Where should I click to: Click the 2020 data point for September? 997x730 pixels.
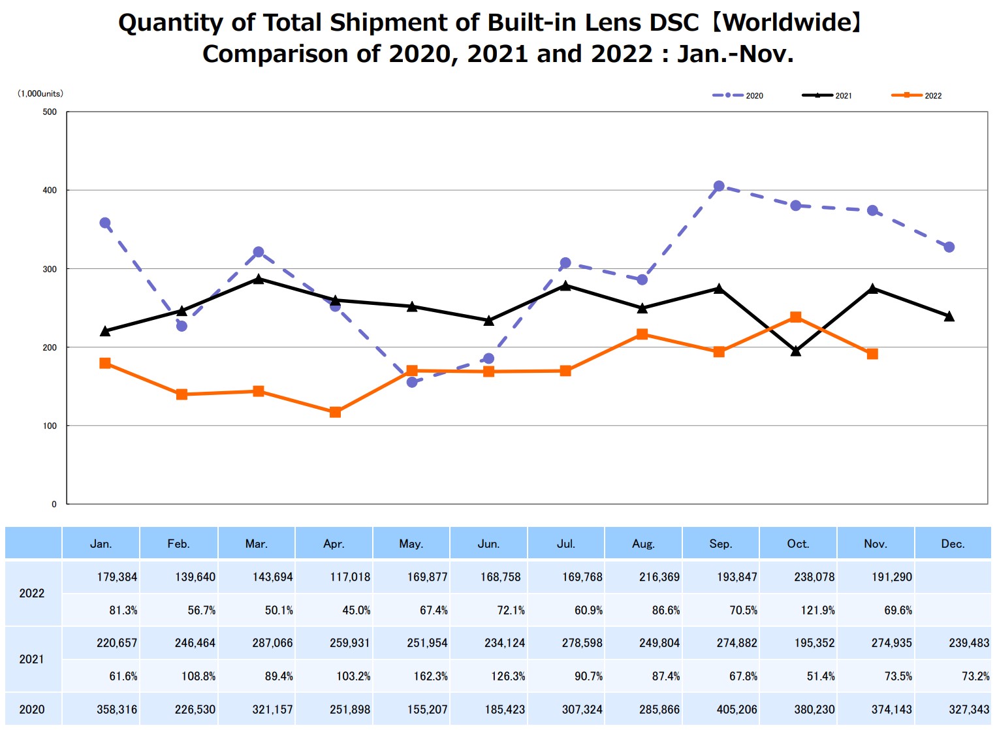pyautogui.click(x=719, y=186)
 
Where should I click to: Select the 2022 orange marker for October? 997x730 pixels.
pyautogui.click(x=795, y=317)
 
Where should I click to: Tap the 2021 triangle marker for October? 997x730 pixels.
pyautogui.click(x=795, y=351)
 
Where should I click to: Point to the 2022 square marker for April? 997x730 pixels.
pyautogui.click(x=335, y=412)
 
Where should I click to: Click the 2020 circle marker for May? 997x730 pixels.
pyautogui.click(x=412, y=382)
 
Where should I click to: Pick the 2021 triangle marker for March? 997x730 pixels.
pyautogui.click(x=259, y=279)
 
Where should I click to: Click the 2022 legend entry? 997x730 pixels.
pyautogui.click(x=917, y=95)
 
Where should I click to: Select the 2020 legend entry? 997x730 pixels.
pyautogui.click(x=738, y=95)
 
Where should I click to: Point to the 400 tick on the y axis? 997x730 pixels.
pyautogui.click(x=50, y=190)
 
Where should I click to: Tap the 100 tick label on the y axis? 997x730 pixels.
pyautogui.click(x=50, y=426)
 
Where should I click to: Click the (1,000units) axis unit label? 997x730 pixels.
pyautogui.click(x=40, y=93)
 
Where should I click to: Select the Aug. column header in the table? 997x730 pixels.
pyautogui.click(x=643, y=544)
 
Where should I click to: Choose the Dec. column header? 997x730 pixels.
pyautogui.click(x=953, y=544)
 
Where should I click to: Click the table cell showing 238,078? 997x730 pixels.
pyautogui.click(x=814, y=577)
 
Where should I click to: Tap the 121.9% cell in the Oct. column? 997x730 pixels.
pyautogui.click(x=817, y=611)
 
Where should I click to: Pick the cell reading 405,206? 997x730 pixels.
pyautogui.click(x=737, y=709)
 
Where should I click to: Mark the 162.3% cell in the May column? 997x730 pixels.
pyautogui.click(x=430, y=676)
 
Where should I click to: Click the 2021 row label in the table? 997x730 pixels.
pyautogui.click(x=32, y=659)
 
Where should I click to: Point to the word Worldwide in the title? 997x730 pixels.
pyautogui.click(x=787, y=23)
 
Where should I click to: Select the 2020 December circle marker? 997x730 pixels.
pyautogui.click(x=949, y=247)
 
